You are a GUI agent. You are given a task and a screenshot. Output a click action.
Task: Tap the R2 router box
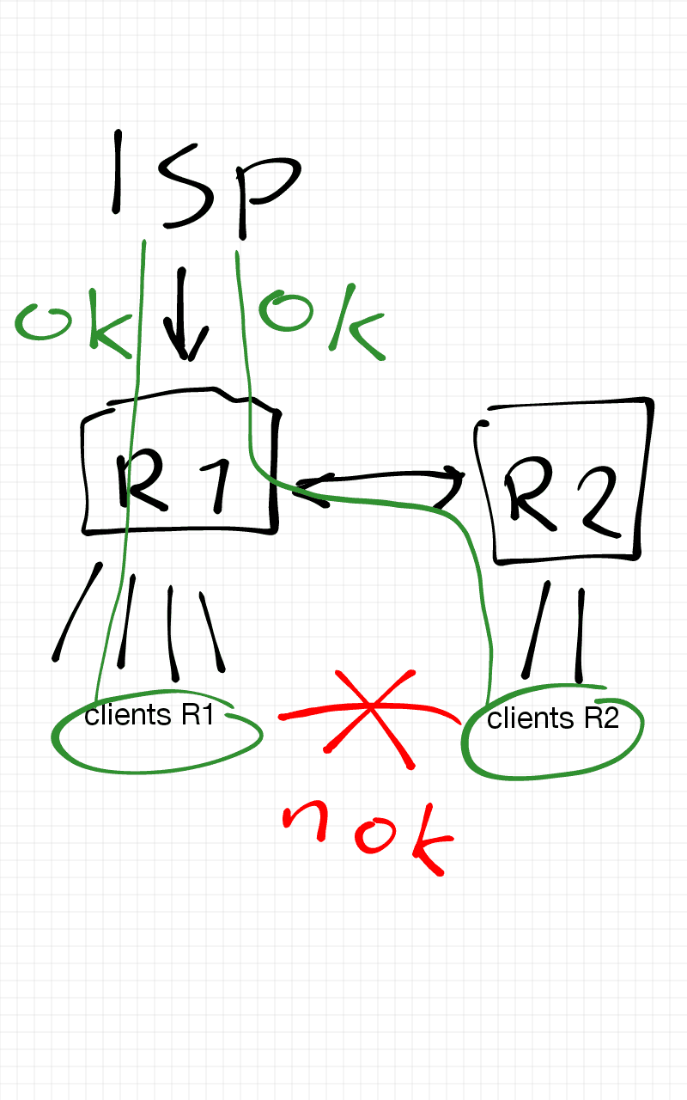563,481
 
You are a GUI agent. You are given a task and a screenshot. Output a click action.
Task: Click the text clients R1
149,715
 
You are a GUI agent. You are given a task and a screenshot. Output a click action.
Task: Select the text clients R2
552,718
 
